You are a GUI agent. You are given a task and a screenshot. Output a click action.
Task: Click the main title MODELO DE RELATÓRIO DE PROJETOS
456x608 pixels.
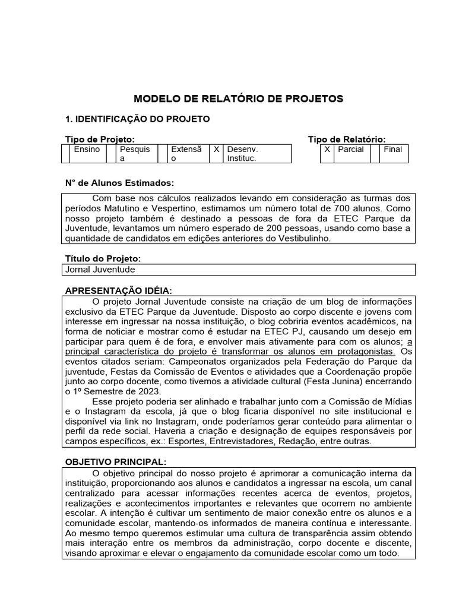pyautogui.click(x=238, y=98)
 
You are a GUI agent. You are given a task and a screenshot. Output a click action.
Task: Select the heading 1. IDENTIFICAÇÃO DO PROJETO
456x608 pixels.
pyautogui.click(x=137, y=119)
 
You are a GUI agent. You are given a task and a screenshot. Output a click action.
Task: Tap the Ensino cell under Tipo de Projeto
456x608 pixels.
pyautogui.click(x=87, y=150)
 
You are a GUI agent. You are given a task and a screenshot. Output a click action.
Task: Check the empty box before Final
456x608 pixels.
pyautogui.click(x=375, y=150)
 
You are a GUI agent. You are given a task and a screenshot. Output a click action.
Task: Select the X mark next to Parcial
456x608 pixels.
pyautogui.click(x=327, y=150)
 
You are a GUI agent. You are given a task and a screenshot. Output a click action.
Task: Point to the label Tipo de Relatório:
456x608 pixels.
pyautogui.click(x=346, y=139)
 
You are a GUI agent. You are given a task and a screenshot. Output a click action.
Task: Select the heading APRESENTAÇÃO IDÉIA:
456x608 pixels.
pyautogui.click(x=118, y=290)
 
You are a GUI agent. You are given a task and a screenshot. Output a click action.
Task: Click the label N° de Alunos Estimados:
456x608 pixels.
pyautogui.click(x=119, y=182)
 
